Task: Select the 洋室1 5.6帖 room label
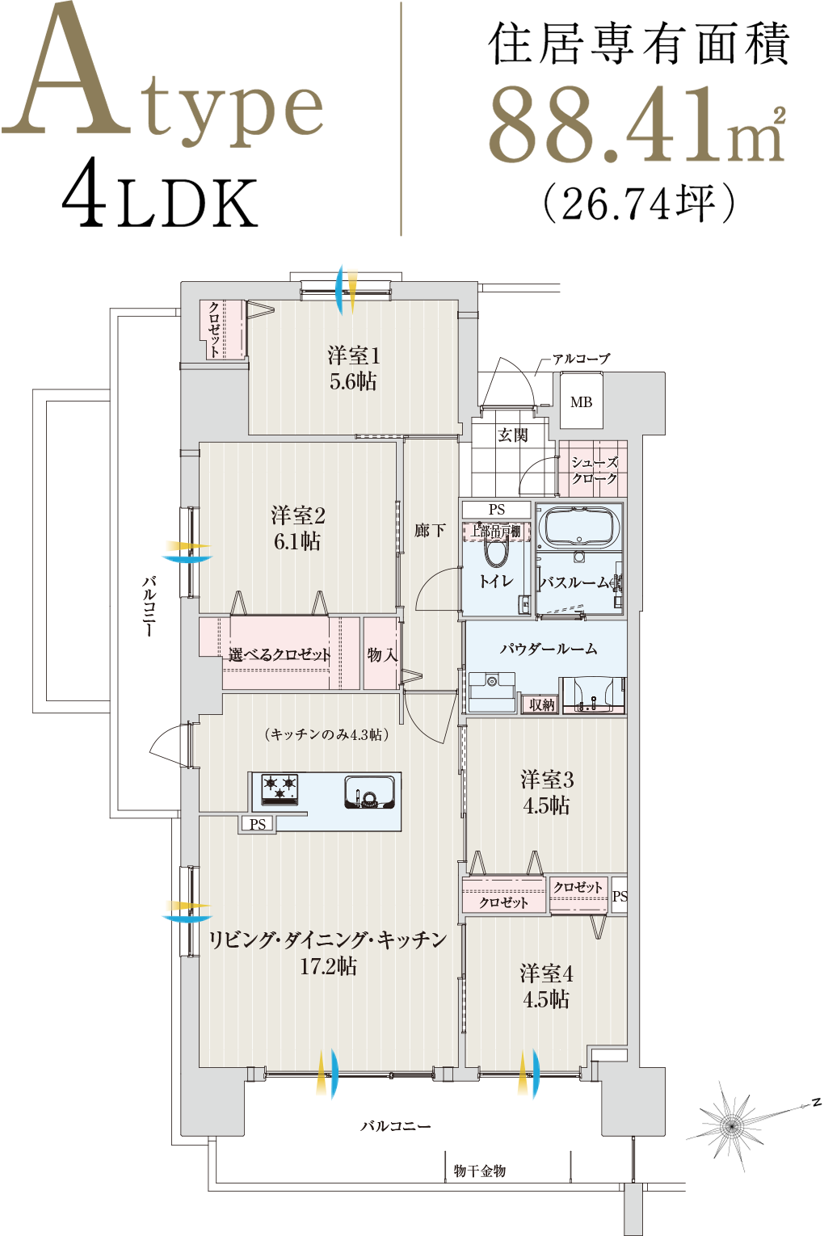pos(353,368)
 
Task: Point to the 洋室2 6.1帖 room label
pos(297,528)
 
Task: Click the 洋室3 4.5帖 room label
pos(546,793)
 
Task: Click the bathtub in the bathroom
pos(579,527)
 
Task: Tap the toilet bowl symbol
pos(496,552)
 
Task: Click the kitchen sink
pos(369,792)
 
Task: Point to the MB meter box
pos(581,401)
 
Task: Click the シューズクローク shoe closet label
pos(594,469)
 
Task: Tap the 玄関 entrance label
pos(513,435)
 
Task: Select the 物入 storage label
pos(382,655)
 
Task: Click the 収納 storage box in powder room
pos(541,704)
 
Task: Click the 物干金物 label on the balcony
pos(480,1171)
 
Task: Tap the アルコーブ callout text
pos(582,359)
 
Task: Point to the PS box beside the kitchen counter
pos(258,824)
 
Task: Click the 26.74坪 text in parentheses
pos(640,203)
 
